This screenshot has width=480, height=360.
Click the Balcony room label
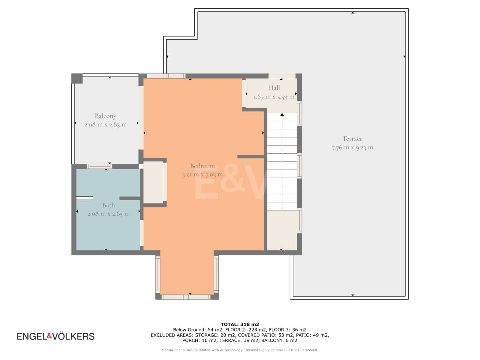click(x=105, y=116)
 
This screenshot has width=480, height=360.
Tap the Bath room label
click(x=108, y=205)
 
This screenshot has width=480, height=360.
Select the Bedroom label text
click(x=202, y=166)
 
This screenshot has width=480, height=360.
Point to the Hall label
click(x=274, y=88)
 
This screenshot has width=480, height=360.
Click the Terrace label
click(x=352, y=139)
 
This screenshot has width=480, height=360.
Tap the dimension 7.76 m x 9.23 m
click(x=352, y=148)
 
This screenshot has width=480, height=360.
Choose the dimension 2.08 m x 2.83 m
click(x=105, y=125)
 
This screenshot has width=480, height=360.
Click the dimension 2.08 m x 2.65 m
click(x=108, y=214)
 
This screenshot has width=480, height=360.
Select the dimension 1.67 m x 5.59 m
click(x=274, y=97)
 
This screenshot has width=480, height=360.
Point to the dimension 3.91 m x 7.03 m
click(x=202, y=175)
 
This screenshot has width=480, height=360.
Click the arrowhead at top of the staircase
click(x=282, y=115)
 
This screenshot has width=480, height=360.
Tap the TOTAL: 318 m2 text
click(x=240, y=324)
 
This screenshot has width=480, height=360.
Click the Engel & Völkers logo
click(x=56, y=336)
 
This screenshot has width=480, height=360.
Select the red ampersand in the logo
click(x=50, y=336)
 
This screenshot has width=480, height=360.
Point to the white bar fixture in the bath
click(x=85, y=198)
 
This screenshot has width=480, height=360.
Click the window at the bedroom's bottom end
click(x=186, y=297)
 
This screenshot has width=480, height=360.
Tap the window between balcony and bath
click(x=99, y=166)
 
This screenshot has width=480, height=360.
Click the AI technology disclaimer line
click(x=240, y=350)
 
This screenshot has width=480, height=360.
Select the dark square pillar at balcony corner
click(x=77, y=78)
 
